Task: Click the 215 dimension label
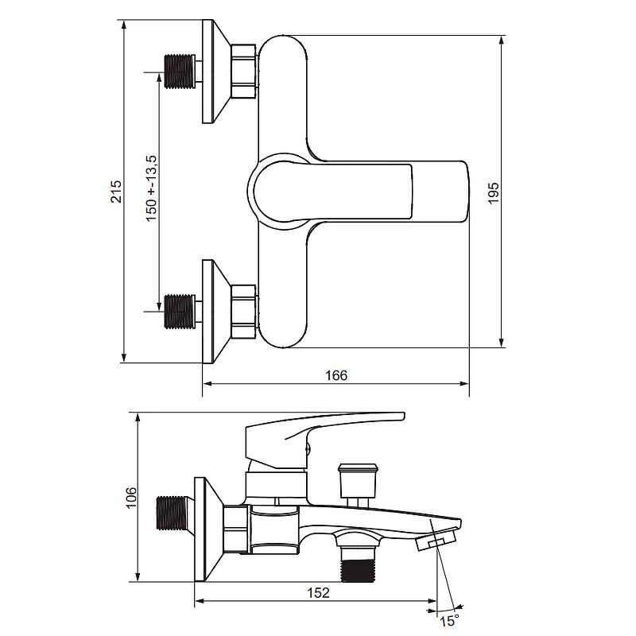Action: pyautogui.click(x=116, y=191)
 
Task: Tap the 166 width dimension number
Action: pyautogui.click(x=337, y=375)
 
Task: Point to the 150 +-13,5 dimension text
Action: pyautogui.click(x=151, y=188)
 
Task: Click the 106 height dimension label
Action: pyautogui.click(x=131, y=498)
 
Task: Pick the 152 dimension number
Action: pyautogui.click(x=318, y=592)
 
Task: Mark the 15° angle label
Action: pyautogui.click(x=449, y=619)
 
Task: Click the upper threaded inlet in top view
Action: pyautogui.click(x=180, y=72)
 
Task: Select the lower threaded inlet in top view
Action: pyautogui.click(x=180, y=311)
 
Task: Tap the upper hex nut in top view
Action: pyautogui.click(x=243, y=72)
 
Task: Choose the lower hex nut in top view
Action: pyautogui.click(x=243, y=311)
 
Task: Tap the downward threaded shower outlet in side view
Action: pyautogui.click(x=357, y=560)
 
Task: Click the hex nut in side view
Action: pyautogui.click(x=237, y=528)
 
